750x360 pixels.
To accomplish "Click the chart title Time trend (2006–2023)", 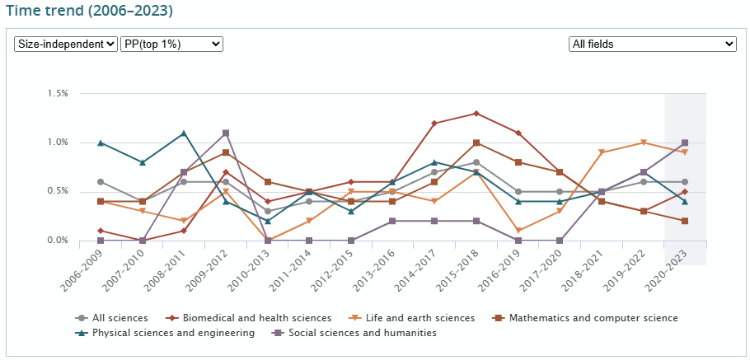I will [x=89, y=12].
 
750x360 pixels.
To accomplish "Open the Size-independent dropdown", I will [x=66, y=44].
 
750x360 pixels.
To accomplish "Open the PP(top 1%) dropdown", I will [x=171, y=44].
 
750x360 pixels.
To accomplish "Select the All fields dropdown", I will [x=652, y=44].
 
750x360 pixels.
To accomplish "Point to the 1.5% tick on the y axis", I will [x=57, y=94].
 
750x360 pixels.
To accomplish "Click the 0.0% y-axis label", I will [x=57, y=241].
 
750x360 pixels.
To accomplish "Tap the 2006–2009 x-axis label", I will [x=82, y=269].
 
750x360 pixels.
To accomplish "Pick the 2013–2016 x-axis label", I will [x=374, y=269].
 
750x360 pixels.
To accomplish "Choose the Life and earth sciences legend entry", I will [x=420, y=318].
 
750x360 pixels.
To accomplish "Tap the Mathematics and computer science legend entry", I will [x=593, y=318].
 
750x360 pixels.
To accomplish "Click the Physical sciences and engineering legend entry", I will [x=173, y=333].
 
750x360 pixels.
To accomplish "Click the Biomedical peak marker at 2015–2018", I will [x=476, y=114].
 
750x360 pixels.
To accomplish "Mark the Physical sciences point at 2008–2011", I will [x=184, y=133].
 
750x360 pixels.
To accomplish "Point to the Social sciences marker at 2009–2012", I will [x=226, y=133].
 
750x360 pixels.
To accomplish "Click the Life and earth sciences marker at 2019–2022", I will [x=643, y=143].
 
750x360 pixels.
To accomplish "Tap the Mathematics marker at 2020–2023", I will [x=685, y=221].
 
